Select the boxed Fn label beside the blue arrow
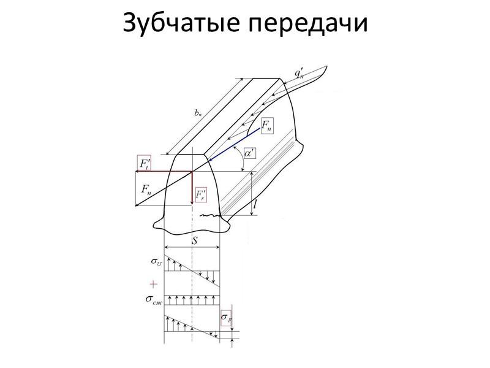tap(268, 126)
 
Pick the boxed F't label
tap(143, 163)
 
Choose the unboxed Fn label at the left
tap(146, 190)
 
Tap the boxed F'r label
tap(202, 195)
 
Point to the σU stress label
tap(157, 262)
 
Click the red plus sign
tap(154, 284)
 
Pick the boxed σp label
tap(227, 318)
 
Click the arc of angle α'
tap(239, 161)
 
